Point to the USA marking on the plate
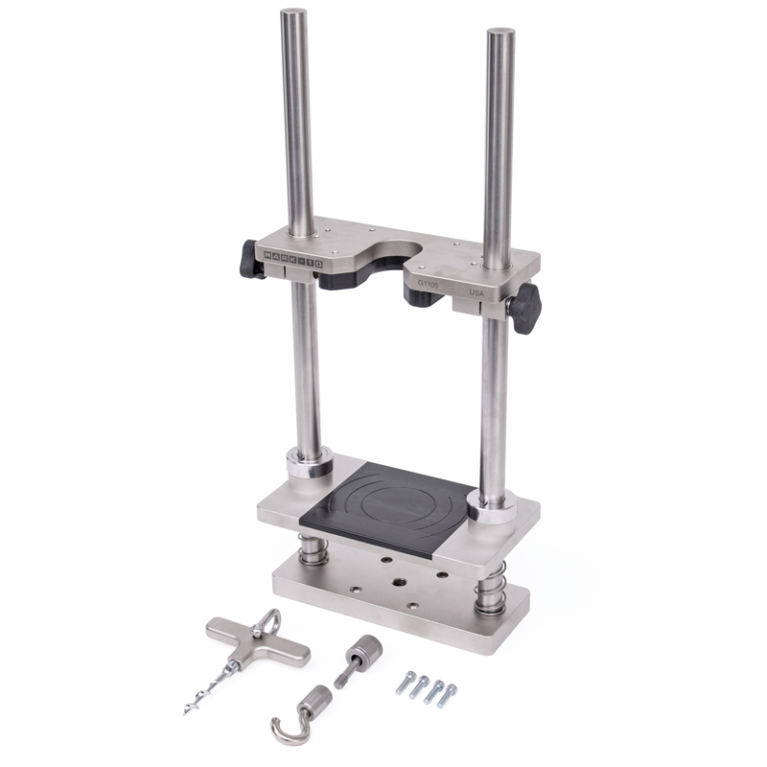476,291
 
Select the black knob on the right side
525,308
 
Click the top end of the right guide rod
500,34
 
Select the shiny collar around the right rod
491,505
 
